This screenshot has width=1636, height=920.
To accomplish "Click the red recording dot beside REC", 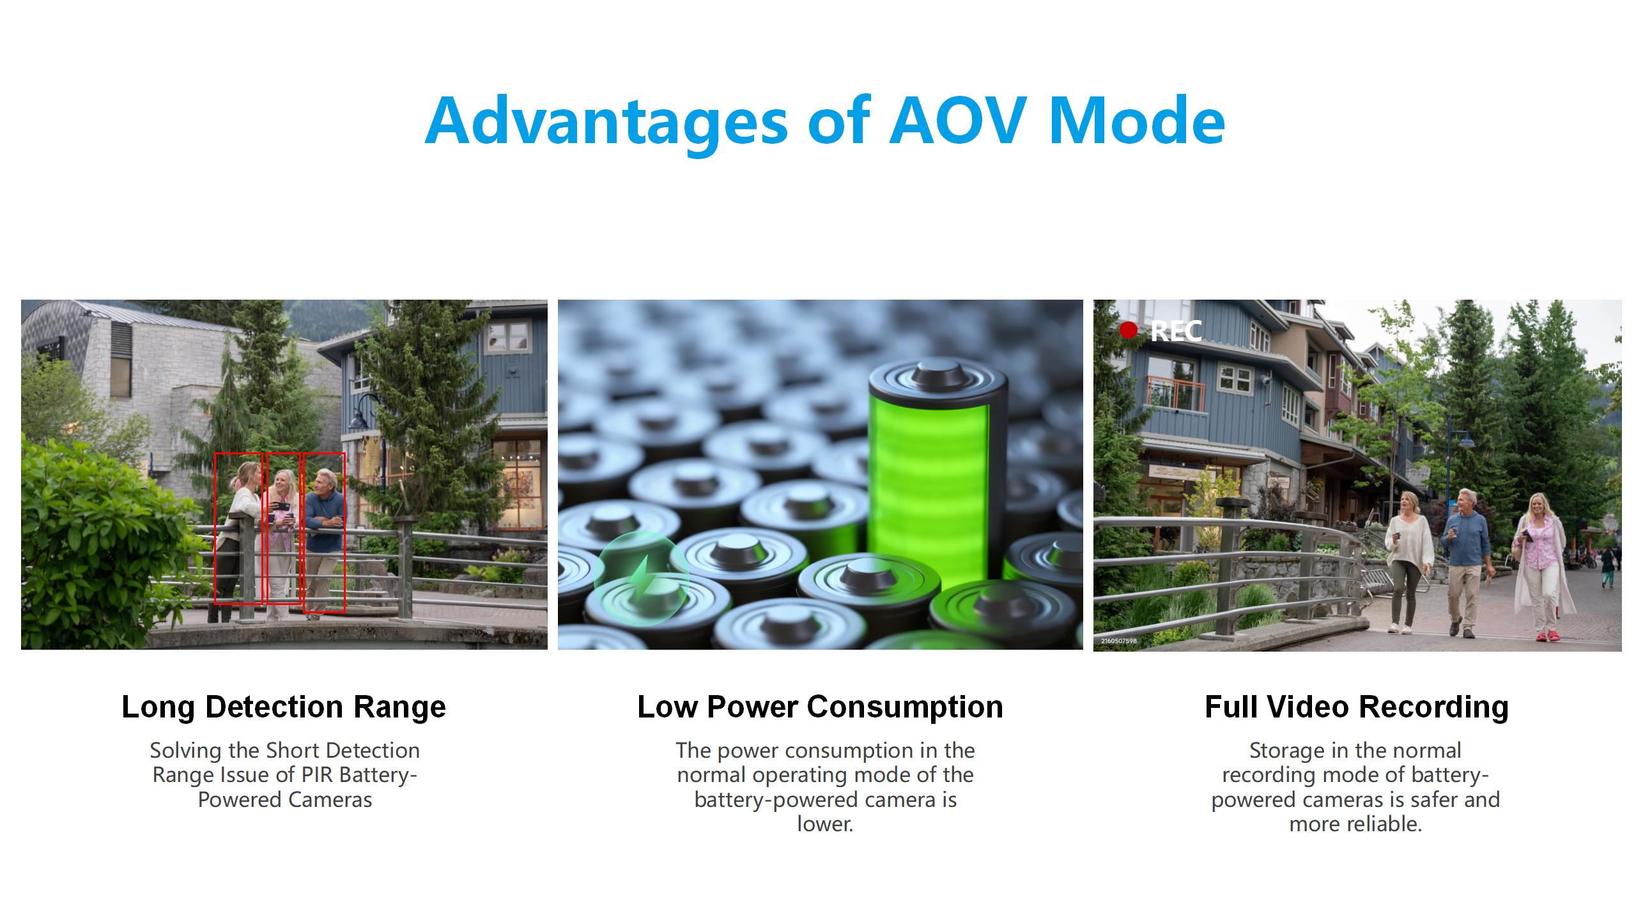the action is (x=1129, y=330).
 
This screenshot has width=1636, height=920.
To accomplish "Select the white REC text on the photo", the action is (x=1176, y=331).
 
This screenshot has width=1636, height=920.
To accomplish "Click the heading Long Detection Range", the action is (x=284, y=707).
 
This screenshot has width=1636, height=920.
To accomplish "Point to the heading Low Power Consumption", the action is (x=820, y=707).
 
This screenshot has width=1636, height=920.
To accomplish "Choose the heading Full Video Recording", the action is (x=1357, y=707).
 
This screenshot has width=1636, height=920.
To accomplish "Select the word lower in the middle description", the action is (x=824, y=824).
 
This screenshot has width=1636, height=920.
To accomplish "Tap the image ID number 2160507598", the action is (x=1118, y=641).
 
